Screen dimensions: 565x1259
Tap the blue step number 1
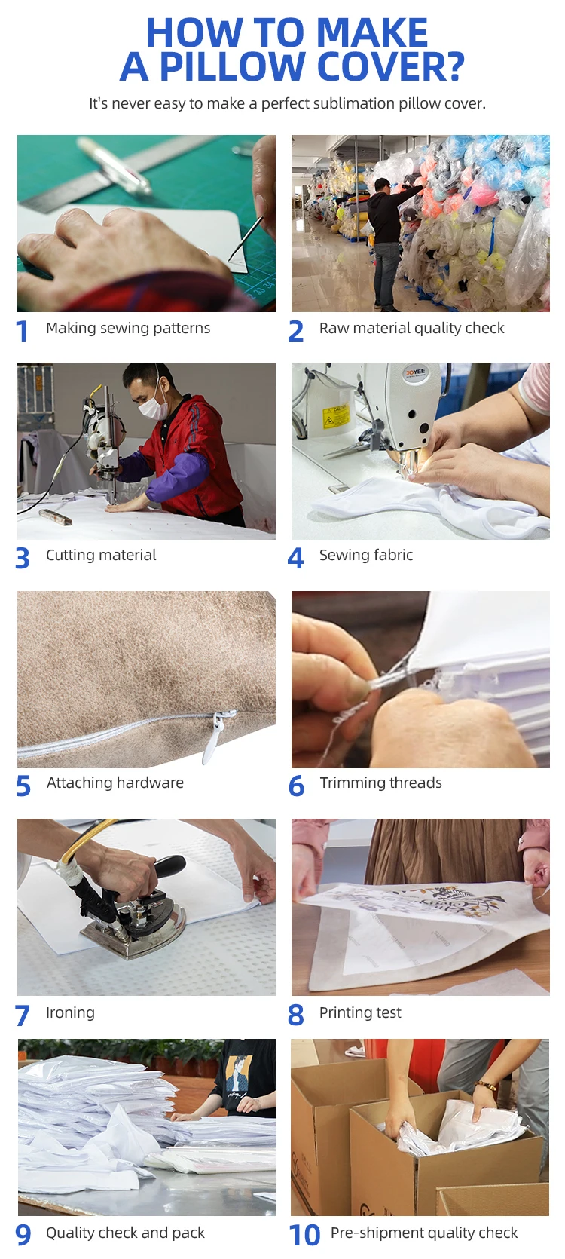pyautogui.click(x=22, y=331)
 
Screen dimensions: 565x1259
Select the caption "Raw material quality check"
pyautogui.click(x=411, y=328)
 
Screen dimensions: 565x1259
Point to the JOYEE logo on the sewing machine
pyautogui.click(x=416, y=373)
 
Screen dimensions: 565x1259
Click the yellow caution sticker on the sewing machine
pyautogui.click(x=337, y=415)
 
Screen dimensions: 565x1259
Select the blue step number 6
pyautogui.click(x=297, y=786)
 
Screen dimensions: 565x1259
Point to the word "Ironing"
pyautogui.click(x=70, y=1012)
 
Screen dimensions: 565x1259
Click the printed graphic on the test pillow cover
pyautogui.click(x=444, y=905)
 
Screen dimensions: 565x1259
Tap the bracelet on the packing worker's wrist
pyautogui.click(x=485, y=1086)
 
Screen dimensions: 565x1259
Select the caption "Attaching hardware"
pyautogui.click(x=115, y=783)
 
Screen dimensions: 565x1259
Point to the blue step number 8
pyautogui.click(x=296, y=1015)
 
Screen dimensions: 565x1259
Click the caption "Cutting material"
pyautogui.click(x=101, y=555)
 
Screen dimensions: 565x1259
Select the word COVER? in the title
pyautogui.click(x=391, y=67)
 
